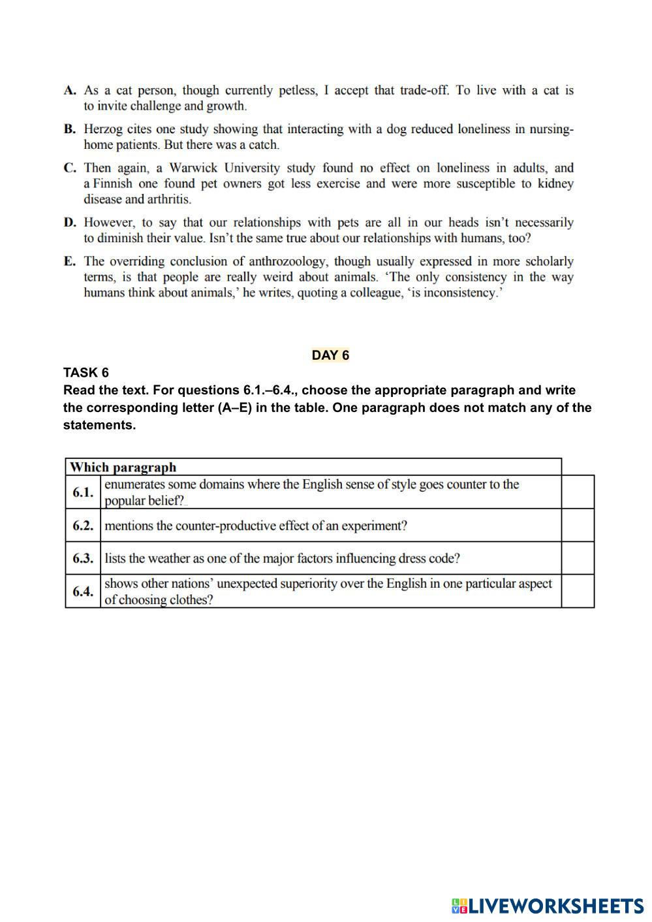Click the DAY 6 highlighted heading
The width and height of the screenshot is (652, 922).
click(330, 355)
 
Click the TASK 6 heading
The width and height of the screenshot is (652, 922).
click(85, 373)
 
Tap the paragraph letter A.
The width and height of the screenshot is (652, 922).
click(70, 91)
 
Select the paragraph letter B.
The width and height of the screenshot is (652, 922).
click(70, 129)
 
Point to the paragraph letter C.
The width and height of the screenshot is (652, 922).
click(70, 168)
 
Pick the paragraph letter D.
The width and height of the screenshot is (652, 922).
click(70, 223)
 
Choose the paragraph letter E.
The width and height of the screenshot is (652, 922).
click(69, 262)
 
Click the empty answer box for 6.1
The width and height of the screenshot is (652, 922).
click(578, 492)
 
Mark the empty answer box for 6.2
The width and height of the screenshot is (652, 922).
click(578, 525)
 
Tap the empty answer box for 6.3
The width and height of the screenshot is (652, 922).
click(578, 558)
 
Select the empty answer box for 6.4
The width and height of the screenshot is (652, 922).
click(578, 591)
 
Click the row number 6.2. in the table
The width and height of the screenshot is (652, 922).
click(83, 526)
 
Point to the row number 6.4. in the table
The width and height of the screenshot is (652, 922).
click(83, 592)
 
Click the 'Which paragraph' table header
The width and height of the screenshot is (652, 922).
click(123, 467)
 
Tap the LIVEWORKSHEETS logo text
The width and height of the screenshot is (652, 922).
click(555, 906)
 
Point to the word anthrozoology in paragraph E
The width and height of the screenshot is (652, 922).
click(287, 262)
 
